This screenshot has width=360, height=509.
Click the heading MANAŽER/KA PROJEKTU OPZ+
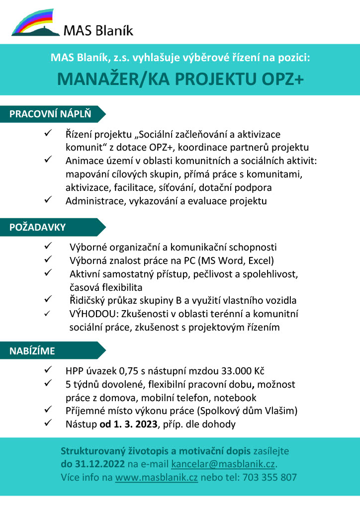pos(180,79)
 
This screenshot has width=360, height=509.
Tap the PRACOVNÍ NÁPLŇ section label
pos(50,114)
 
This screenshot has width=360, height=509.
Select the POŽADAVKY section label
pos(37,227)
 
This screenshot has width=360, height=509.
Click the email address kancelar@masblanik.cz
pos(223,464)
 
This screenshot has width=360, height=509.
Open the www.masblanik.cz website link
pos(157,477)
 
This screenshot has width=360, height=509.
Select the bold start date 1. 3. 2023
pos(129,424)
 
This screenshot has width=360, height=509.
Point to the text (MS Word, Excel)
pos(236,260)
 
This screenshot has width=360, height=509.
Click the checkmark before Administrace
pos(48,200)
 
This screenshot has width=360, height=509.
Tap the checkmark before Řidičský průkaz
pos(48,300)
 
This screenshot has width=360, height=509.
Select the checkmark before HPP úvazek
pos(48,371)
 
